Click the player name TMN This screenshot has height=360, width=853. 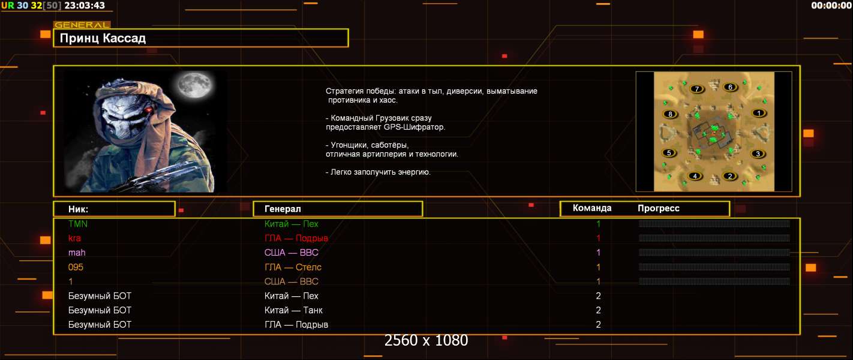click(x=78, y=224)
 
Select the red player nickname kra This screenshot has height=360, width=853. click(x=74, y=238)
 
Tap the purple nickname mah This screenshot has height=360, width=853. click(x=77, y=253)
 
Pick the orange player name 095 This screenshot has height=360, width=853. click(x=76, y=267)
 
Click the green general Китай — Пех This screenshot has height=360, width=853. click(x=292, y=224)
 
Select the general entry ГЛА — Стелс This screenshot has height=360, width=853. click(x=293, y=267)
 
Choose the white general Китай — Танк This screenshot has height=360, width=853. click(x=293, y=310)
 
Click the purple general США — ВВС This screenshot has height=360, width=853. click(x=292, y=253)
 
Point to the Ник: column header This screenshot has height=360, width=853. click(x=78, y=209)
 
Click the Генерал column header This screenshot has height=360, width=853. click(x=283, y=209)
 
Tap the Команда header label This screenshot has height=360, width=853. click(x=592, y=208)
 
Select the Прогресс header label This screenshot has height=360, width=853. click(x=659, y=208)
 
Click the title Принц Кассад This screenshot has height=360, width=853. click(x=103, y=38)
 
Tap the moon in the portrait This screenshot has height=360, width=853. click(x=194, y=85)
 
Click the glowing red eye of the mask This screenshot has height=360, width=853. click(x=149, y=110)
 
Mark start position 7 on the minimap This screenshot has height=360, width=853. click(x=696, y=89)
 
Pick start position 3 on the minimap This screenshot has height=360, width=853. click(x=758, y=154)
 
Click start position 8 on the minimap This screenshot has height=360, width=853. click(x=670, y=114)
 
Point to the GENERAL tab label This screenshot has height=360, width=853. click(x=82, y=25)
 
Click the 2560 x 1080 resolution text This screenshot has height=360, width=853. click(x=426, y=340)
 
